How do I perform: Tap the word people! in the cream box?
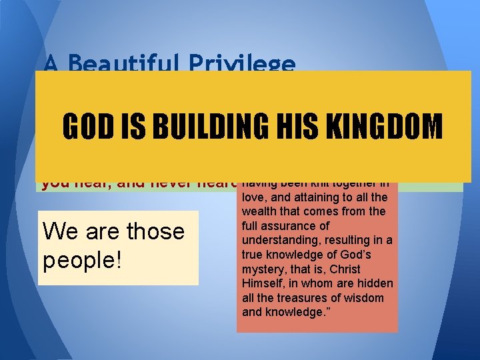[x=82, y=259]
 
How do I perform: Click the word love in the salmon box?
[x=254, y=197]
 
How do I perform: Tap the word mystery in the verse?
[x=265, y=269]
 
